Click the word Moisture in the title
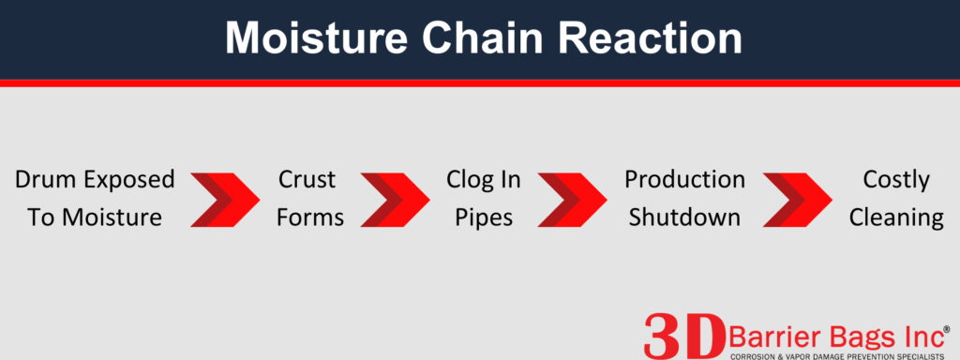click(316, 37)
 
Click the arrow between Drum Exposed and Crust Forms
click(225, 200)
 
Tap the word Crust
click(307, 180)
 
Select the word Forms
click(309, 217)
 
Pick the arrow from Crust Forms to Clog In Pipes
click(396, 200)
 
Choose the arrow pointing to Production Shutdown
click(573, 200)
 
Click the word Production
click(684, 180)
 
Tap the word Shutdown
click(684, 217)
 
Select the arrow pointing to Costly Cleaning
click(797, 200)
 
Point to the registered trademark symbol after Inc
click(946, 329)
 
